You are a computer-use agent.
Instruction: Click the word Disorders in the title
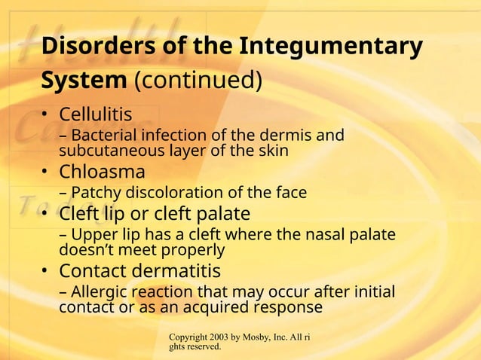click(x=85, y=46)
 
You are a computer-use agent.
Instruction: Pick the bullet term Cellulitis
click(x=96, y=115)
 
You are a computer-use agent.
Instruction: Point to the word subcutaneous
click(x=107, y=151)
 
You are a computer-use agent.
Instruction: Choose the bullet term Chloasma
click(x=102, y=172)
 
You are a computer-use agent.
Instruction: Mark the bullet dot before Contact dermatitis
click(x=46, y=271)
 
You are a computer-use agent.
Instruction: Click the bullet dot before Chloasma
click(x=46, y=172)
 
